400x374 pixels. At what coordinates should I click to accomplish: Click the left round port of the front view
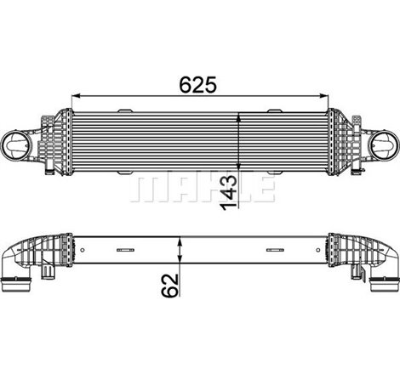pyautogui.click(x=19, y=144)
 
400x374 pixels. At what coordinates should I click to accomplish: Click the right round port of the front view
pyautogui.click(x=381, y=144)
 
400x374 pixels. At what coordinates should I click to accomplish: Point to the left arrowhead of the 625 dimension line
pyautogui.click(x=74, y=94)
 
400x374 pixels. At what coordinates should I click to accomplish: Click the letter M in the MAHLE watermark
pyautogui.click(x=144, y=190)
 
